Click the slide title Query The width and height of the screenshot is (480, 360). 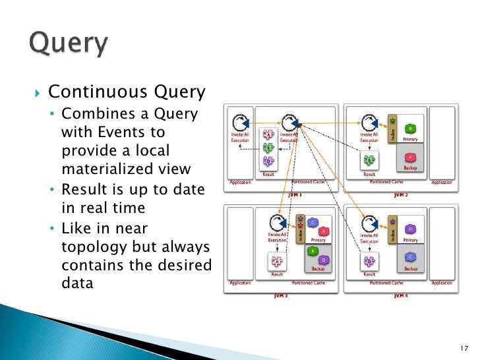[68, 45]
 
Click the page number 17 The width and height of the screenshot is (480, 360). [462, 347]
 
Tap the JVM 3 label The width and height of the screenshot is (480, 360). [282, 296]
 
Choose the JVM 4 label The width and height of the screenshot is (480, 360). [400, 296]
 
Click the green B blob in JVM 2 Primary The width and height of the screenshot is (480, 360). [410, 128]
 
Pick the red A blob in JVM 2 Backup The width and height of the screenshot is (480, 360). [410, 158]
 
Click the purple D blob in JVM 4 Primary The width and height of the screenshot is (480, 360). [410, 229]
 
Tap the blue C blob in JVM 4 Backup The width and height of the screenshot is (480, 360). [410, 257]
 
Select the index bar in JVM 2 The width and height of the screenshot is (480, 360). [392, 129]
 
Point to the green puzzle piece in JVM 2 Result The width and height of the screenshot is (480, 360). [370, 159]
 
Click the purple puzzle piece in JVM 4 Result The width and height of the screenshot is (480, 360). [370, 260]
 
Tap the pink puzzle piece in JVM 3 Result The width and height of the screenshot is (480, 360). [277, 262]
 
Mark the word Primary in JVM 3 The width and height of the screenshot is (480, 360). [318, 240]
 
